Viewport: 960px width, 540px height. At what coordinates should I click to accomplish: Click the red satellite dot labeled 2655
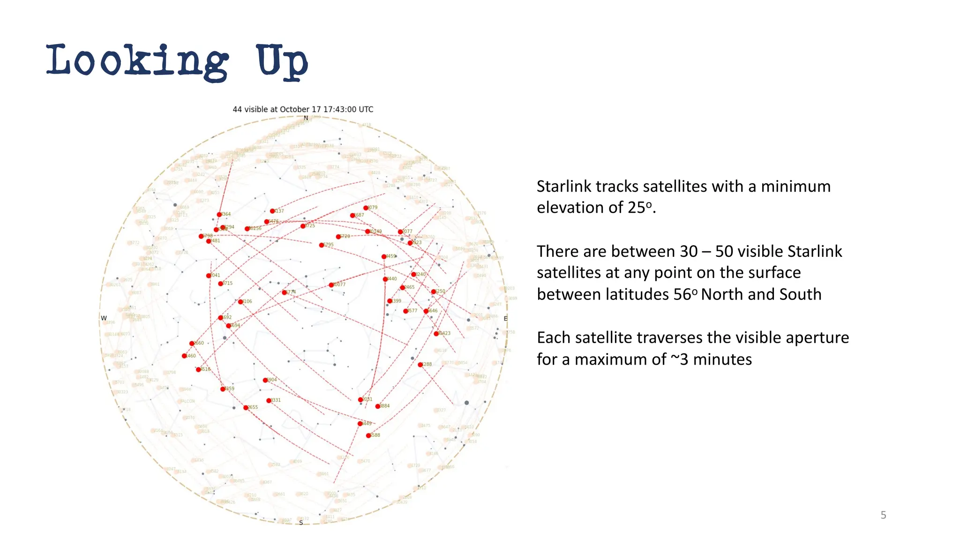[x=246, y=408]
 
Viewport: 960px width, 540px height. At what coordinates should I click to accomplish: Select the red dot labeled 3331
[x=269, y=401]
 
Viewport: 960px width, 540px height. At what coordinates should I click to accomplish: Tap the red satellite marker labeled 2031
[x=360, y=400]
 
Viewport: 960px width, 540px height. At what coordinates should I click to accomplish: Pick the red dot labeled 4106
[x=240, y=302]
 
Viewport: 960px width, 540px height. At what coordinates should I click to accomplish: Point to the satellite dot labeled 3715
[x=221, y=284]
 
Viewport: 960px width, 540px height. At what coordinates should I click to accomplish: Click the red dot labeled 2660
[x=192, y=344]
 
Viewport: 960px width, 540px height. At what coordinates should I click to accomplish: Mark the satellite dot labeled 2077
[x=400, y=232]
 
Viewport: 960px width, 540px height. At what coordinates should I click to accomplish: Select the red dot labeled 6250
[x=434, y=292]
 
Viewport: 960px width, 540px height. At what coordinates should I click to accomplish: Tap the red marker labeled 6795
[x=322, y=245]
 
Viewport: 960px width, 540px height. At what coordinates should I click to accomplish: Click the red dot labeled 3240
[x=413, y=275]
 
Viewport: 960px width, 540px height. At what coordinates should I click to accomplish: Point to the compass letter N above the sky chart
[x=306, y=118]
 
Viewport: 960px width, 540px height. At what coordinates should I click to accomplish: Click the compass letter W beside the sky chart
[x=104, y=318]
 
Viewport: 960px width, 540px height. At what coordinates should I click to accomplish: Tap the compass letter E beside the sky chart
[x=505, y=319]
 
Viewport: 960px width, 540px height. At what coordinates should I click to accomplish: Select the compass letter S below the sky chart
[x=301, y=523]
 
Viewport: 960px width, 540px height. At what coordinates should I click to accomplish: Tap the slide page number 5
[x=883, y=515]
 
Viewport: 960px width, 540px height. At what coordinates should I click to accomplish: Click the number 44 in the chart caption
[x=237, y=109]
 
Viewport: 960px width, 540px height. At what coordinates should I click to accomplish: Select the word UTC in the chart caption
[x=366, y=109]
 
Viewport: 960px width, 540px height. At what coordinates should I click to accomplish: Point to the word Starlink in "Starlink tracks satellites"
[x=564, y=187]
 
